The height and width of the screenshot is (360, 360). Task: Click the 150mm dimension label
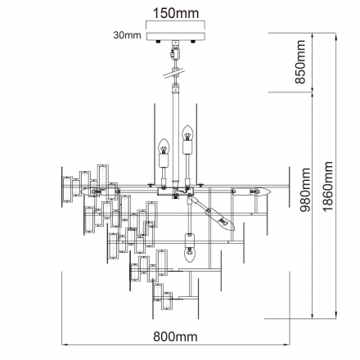(176, 13)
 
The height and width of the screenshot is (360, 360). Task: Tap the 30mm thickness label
(128, 35)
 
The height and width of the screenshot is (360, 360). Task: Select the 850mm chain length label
(300, 62)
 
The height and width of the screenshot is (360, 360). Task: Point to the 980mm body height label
(305, 190)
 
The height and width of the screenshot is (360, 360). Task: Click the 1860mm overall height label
(327, 187)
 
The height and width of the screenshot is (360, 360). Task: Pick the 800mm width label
(175, 336)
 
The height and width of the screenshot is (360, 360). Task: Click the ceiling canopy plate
(175, 36)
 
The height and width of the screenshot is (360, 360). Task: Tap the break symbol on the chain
(174, 73)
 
